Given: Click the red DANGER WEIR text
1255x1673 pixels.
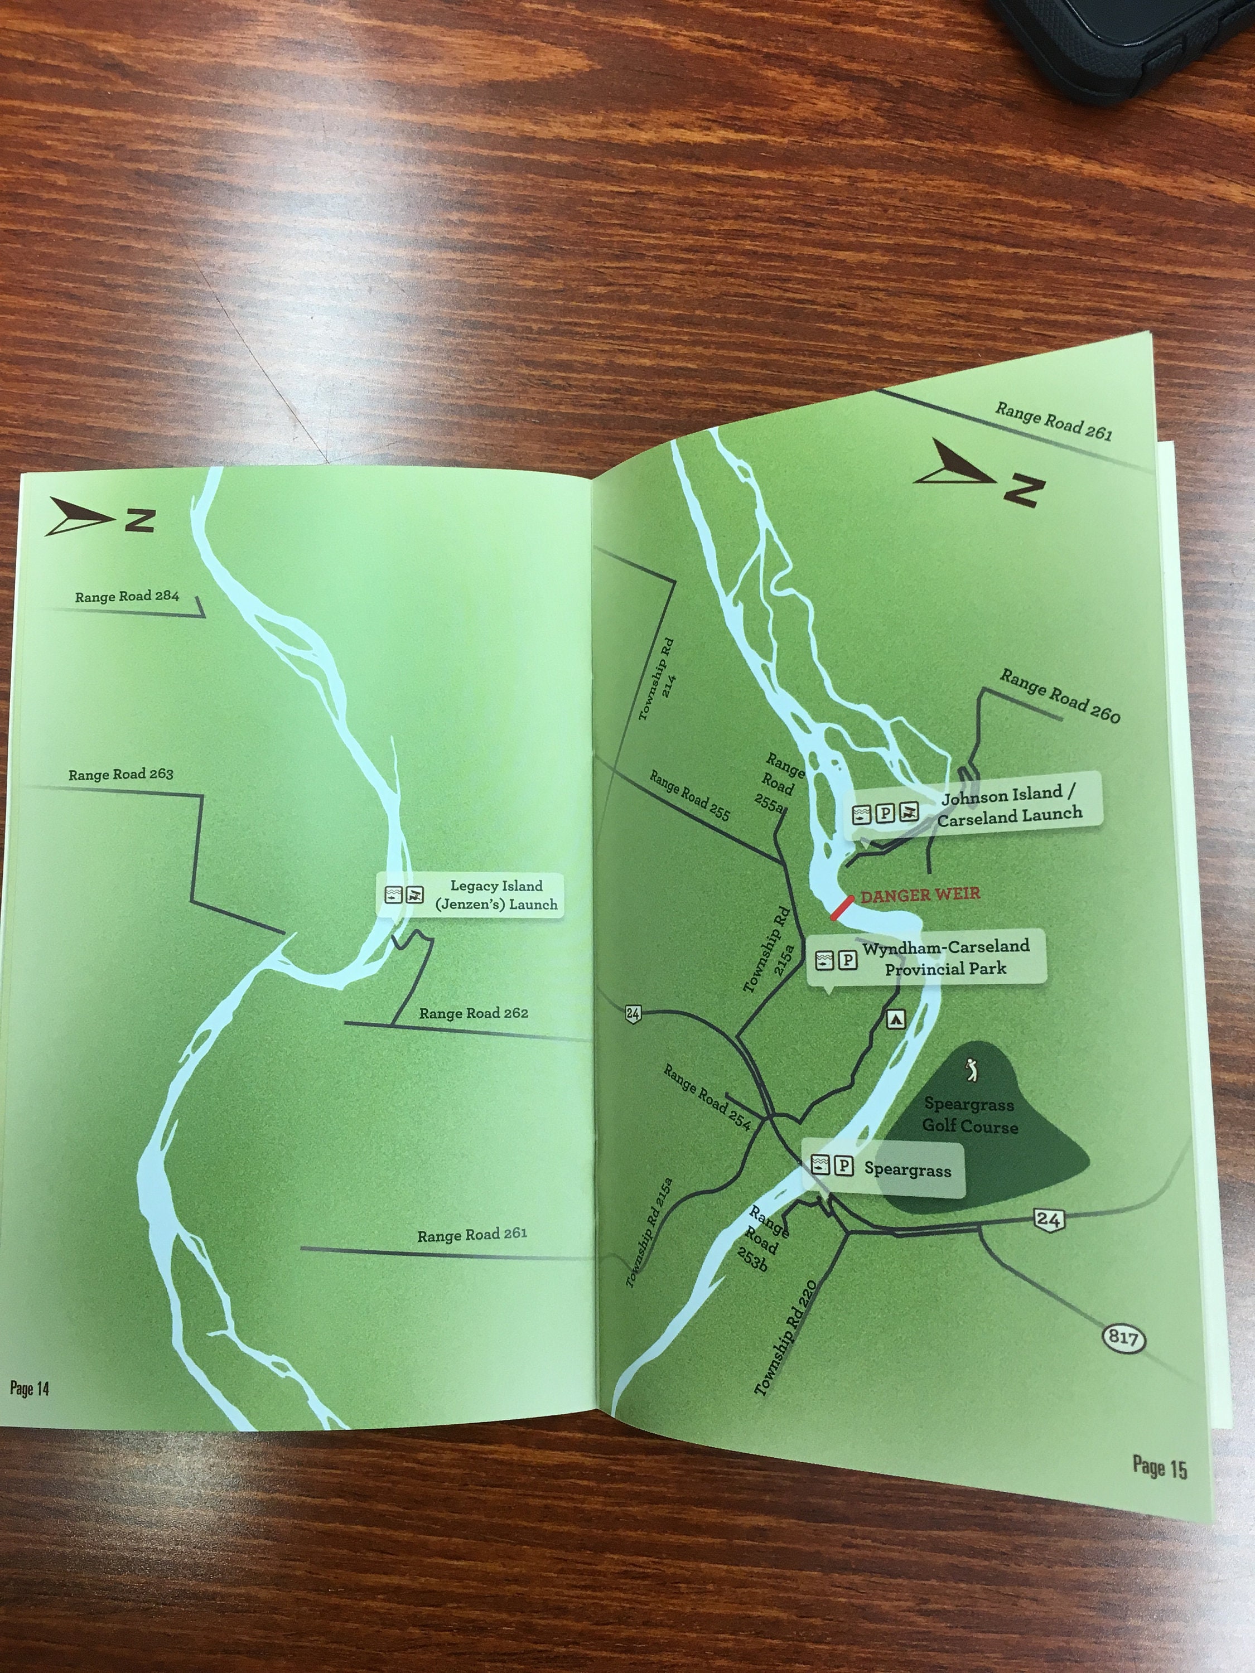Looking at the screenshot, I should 920,894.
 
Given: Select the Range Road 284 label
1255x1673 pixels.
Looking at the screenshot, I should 127,596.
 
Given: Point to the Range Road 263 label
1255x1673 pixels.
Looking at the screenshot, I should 121,775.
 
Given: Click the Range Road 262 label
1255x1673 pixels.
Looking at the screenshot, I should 474,1013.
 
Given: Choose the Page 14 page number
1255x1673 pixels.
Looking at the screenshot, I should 30,1388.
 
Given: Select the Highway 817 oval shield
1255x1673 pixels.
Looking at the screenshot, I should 1123,1338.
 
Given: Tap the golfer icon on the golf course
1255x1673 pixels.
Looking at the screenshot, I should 972,1070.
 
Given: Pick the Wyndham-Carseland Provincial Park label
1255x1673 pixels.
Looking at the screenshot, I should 945,958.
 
